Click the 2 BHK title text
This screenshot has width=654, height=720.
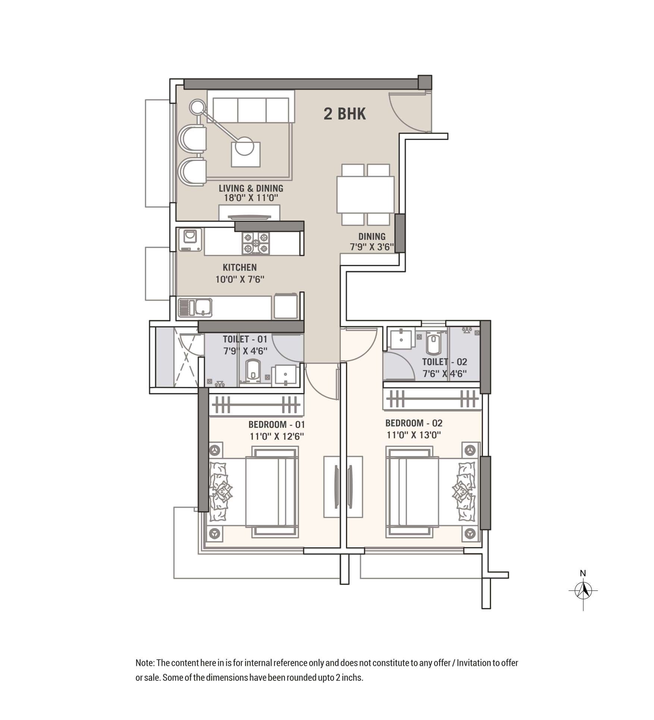coord(345,114)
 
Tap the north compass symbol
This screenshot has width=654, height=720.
coord(583,591)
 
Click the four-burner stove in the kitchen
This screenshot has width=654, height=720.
coord(256,243)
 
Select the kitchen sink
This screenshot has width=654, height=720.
coord(195,307)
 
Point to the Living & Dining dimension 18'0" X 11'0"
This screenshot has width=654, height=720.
coord(251,198)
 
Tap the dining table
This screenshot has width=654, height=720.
coord(365,194)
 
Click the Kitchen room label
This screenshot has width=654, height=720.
coord(240,267)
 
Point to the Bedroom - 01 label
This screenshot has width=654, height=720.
coord(277,424)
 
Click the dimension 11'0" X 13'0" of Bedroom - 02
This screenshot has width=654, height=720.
coord(414,435)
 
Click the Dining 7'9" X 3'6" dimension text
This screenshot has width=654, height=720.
coord(372,247)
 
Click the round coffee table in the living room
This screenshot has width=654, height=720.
coord(245,146)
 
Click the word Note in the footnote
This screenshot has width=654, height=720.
coord(144,663)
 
